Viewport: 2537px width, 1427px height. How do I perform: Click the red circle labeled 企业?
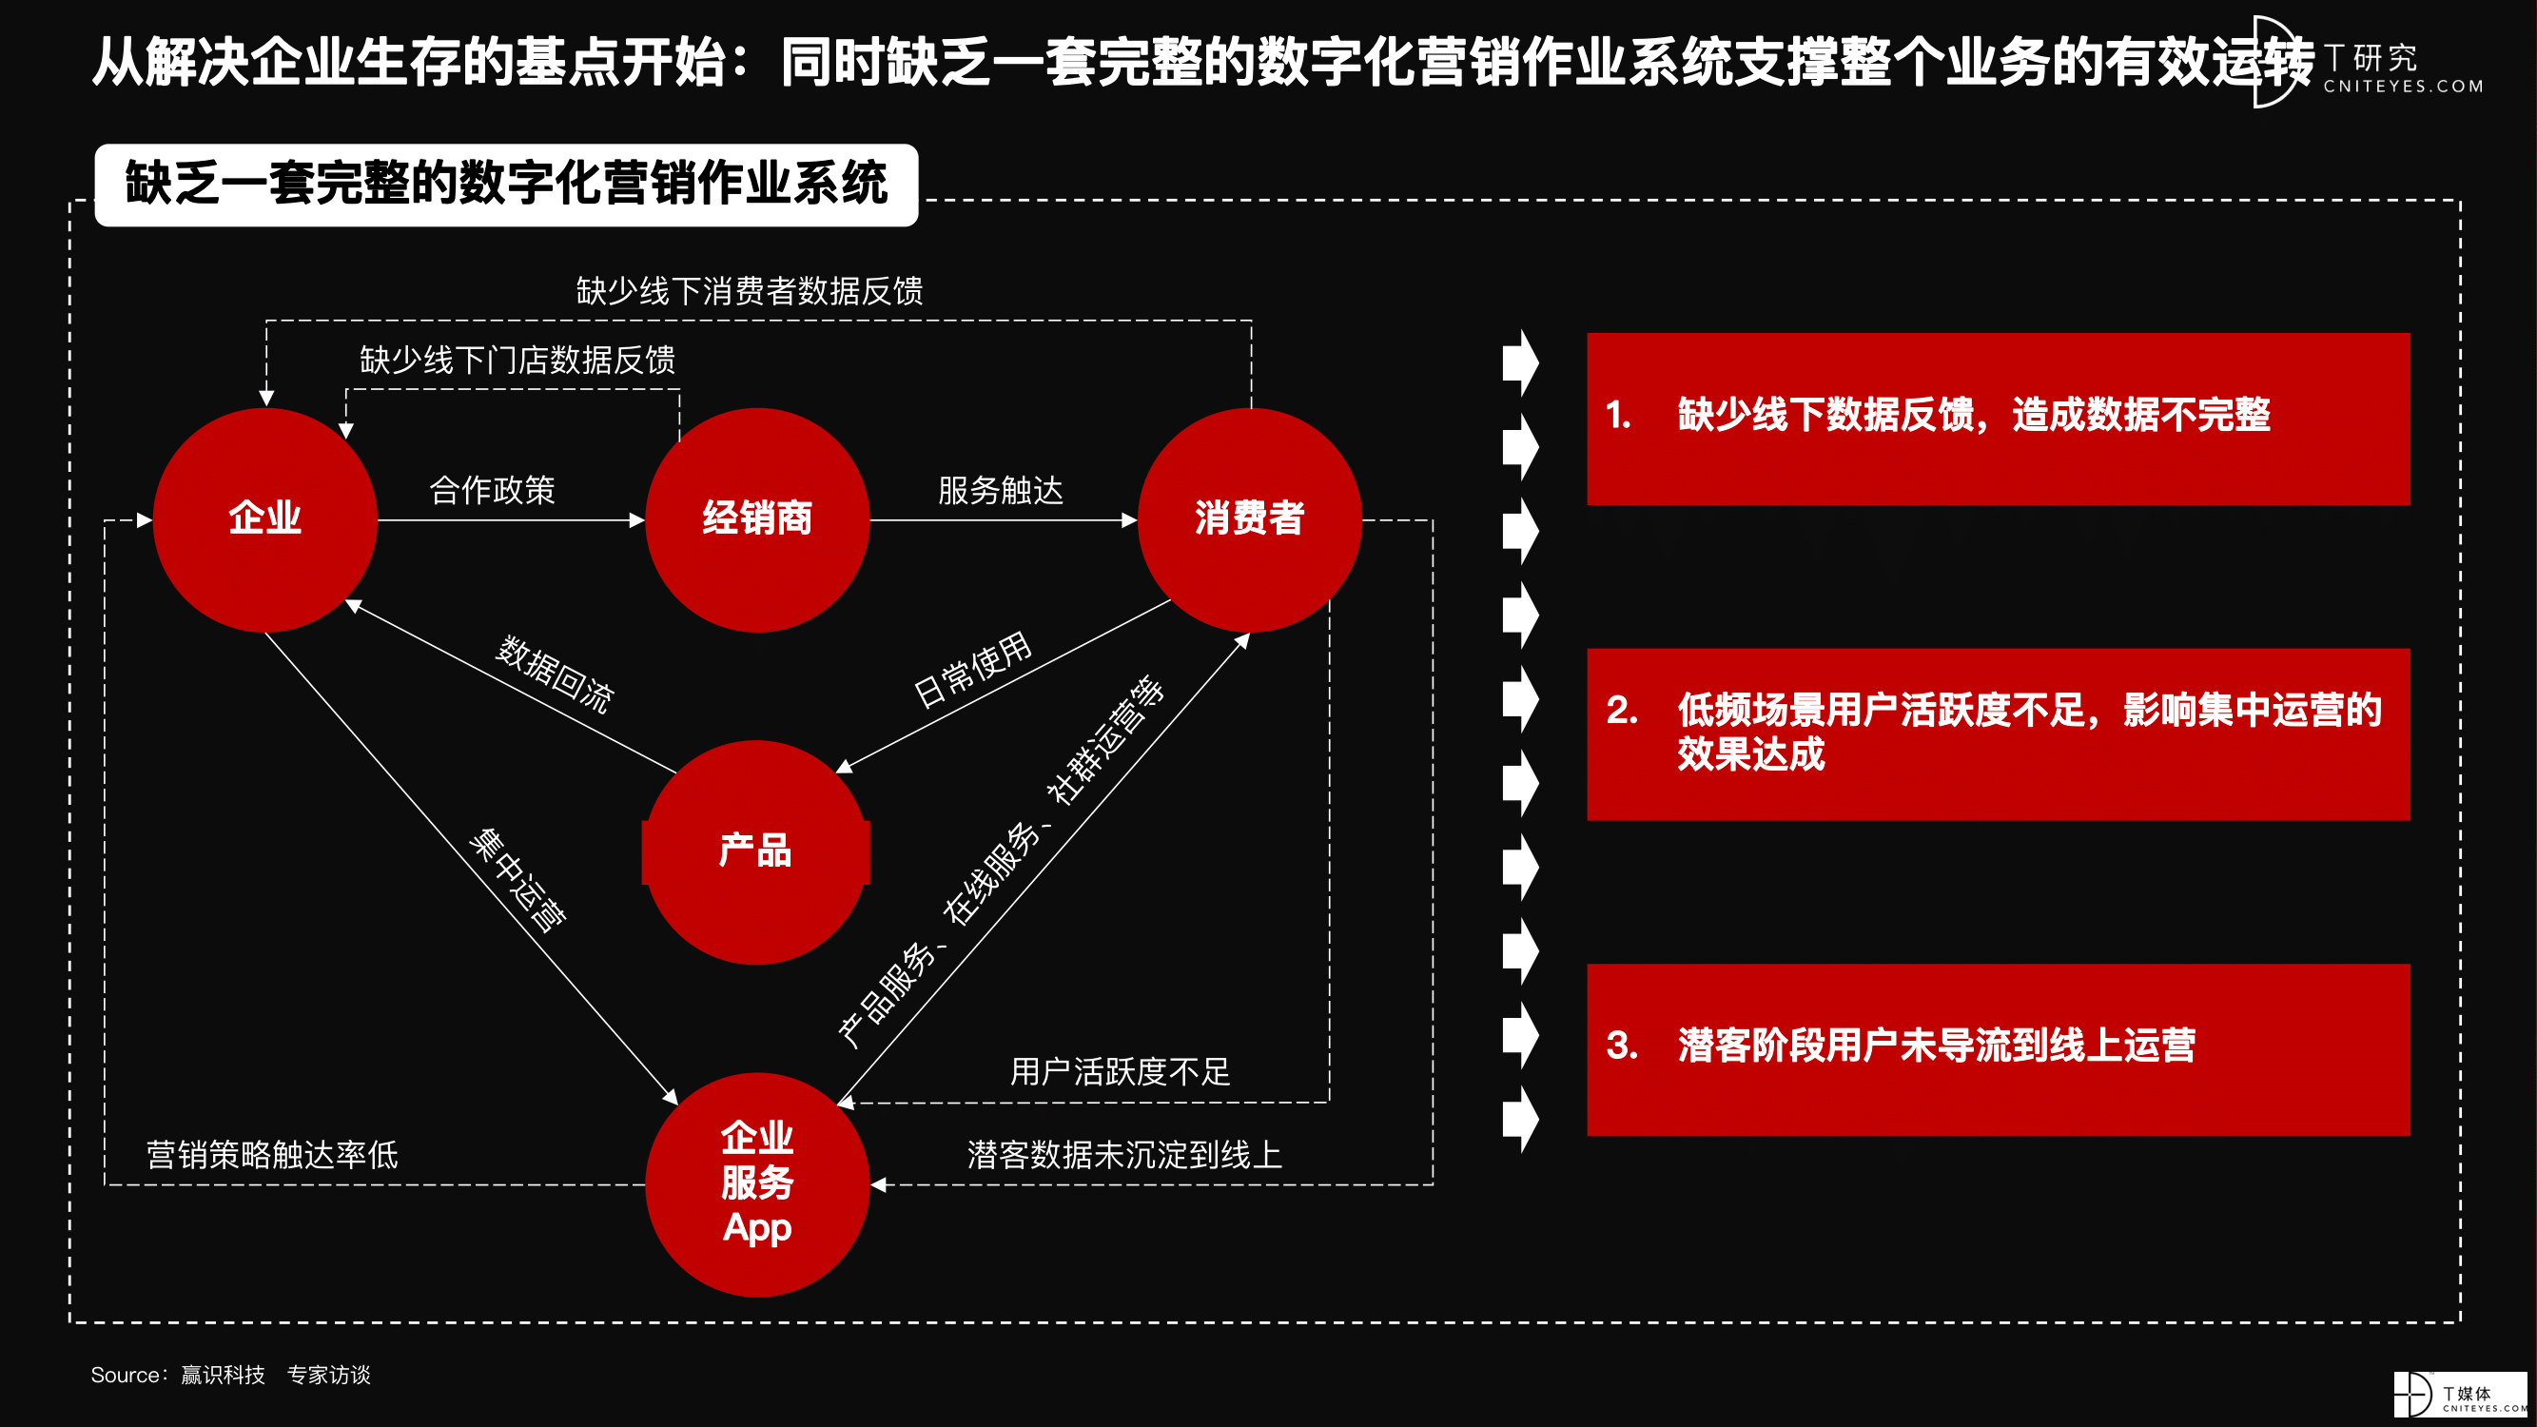(265, 519)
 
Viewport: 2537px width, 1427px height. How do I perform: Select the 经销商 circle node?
(757, 519)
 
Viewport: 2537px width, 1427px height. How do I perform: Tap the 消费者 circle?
(1250, 519)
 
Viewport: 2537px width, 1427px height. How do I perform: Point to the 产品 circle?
(756, 851)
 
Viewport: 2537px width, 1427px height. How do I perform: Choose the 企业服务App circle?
(757, 1183)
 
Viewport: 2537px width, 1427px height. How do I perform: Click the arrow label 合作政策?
(493, 489)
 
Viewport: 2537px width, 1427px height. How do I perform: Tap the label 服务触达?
(1001, 489)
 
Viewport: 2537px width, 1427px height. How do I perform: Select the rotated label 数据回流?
(555, 674)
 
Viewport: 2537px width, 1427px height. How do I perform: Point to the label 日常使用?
(973, 669)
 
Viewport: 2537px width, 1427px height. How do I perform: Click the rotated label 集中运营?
(518, 878)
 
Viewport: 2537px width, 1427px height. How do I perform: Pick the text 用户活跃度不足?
(1120, 1070)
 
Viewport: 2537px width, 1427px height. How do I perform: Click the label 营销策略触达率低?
(272, 1154)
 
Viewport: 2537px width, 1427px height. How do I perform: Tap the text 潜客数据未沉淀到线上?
(1124, 1154)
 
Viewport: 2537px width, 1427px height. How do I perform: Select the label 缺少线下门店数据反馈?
(517, 360)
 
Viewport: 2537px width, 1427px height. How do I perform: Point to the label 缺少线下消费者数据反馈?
(750, 290)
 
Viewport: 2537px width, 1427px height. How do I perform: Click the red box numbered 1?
(1999, 419)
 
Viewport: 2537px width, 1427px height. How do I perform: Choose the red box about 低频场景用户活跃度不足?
(1999, 733)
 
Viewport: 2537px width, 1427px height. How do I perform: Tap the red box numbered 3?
(1999, 1050)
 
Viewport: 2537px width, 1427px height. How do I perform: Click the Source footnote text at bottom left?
(230, 1375)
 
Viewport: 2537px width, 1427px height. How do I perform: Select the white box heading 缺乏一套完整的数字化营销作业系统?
(506, 185)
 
